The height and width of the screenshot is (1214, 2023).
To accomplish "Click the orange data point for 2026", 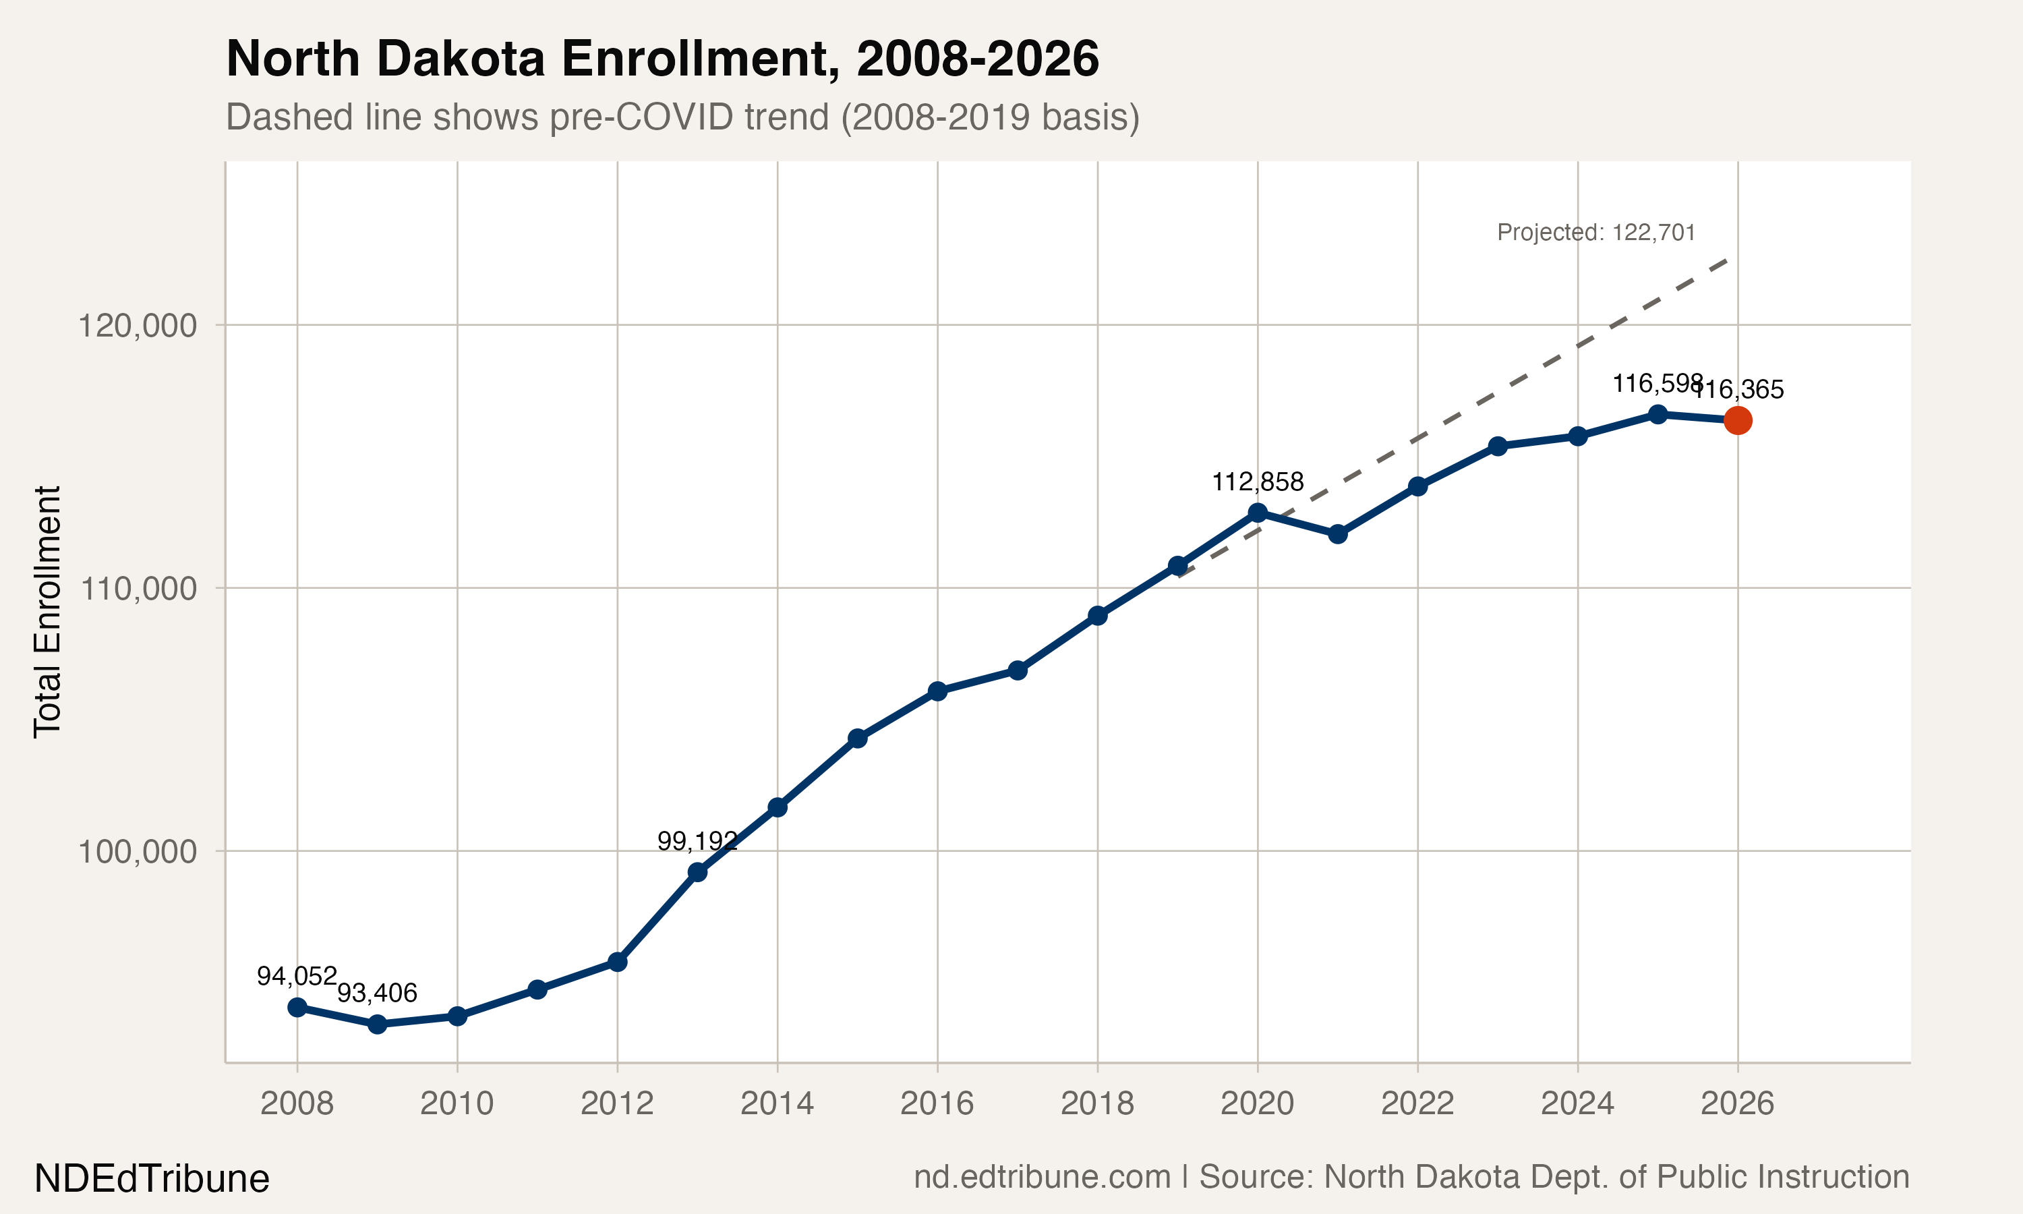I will coord(1738,420).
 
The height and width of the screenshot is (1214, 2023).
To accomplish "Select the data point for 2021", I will coord(1338,534).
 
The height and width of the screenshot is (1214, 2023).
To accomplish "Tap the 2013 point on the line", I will coord(697,872).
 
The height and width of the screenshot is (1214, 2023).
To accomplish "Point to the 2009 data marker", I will coord(377,1024).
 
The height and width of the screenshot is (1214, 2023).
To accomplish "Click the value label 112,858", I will coord(1257,482).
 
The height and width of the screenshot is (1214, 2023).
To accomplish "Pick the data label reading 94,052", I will coord(297,976).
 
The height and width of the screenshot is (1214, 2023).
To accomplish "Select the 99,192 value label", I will coord(697,841).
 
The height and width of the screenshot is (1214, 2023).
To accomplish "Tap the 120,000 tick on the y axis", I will coord(138,326).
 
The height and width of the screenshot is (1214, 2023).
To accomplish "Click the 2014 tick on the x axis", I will coord(777,1103).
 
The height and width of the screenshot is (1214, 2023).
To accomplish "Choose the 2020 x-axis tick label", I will coord(1257,1103).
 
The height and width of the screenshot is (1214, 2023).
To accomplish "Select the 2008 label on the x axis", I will coord(297,1103).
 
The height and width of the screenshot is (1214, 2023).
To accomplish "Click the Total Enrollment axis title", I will coord(47,612).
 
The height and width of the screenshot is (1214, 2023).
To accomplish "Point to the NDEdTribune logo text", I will coord(152,1179).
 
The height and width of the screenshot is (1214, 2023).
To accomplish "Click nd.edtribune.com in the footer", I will coord(1042,1177).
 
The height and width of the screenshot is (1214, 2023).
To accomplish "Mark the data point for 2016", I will coord(938,691).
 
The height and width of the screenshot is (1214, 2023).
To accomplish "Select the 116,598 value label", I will coord(1657,383).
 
